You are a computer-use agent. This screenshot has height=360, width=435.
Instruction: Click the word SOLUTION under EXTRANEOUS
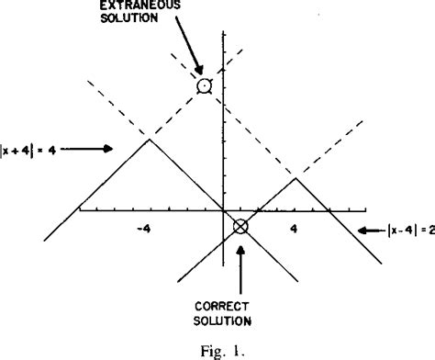click(140, 20)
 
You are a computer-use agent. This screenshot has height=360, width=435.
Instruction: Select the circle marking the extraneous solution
click(205, 86)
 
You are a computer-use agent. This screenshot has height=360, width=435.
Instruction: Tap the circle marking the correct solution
click(240, 226)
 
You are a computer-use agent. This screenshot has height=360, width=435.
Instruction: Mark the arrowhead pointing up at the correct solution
click(241, 242)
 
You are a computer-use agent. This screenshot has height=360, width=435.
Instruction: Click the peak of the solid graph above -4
click(149, 139)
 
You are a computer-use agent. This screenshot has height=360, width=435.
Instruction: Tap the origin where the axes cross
click(224, 210)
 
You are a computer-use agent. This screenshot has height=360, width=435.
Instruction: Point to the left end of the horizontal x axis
click(79, 210)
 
